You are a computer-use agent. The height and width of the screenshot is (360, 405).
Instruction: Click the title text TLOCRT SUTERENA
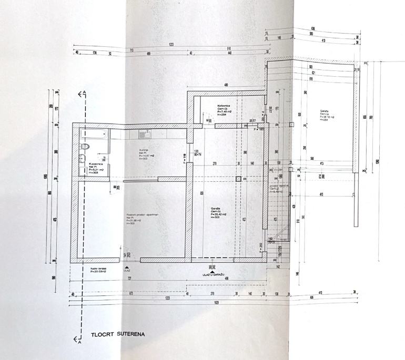pyautogui.click(x=117, y=334)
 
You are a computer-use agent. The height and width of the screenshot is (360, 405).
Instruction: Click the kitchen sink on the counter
pyautogui.click(x=144, y=135)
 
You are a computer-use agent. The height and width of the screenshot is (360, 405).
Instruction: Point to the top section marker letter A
pyautogui.click(x=84, y=93)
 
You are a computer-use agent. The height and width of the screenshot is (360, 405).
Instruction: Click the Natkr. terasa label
pyautogui.click(x=98, y=270)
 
